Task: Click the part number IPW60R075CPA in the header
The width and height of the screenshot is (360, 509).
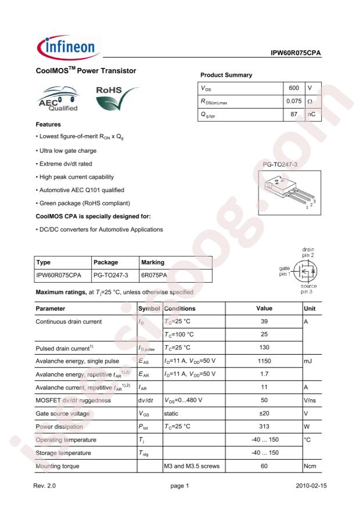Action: (296, 53)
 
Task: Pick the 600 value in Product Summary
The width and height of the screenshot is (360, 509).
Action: (294, 88)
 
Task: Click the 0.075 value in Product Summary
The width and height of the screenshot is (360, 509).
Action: (294, 102)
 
